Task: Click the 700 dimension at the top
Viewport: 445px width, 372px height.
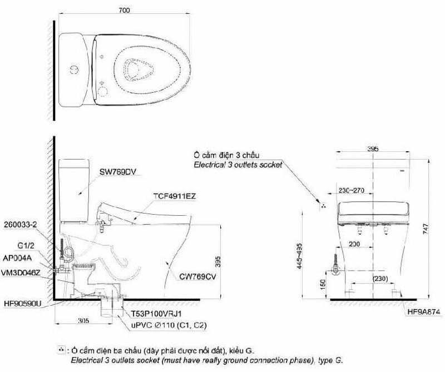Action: [x=124, y=10]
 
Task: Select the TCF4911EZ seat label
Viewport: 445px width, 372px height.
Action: [x=175, y=196]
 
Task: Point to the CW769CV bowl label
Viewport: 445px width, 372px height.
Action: [x=197, y=276]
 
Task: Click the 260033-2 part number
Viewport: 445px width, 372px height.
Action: [x=21, y=225]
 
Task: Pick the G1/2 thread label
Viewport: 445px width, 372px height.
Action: [x=26, y=246]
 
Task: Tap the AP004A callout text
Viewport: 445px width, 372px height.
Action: [x=17, y=258]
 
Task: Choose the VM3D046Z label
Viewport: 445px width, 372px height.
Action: [x=21, y=272]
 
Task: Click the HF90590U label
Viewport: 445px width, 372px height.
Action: [x=23, y=304]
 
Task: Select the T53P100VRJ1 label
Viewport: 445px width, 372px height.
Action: [x=156, y=314]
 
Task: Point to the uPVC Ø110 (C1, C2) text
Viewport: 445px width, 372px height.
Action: [x=169, y=325]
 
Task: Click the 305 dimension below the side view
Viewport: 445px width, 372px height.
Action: [x=83, y=321]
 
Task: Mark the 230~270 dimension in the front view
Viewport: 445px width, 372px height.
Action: [x=351, y=190]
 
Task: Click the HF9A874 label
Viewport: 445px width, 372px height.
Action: [x=424, y=312]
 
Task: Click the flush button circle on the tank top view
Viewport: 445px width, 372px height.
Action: [x=75, y=70]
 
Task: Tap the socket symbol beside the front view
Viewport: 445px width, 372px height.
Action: [x=323, y=206]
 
